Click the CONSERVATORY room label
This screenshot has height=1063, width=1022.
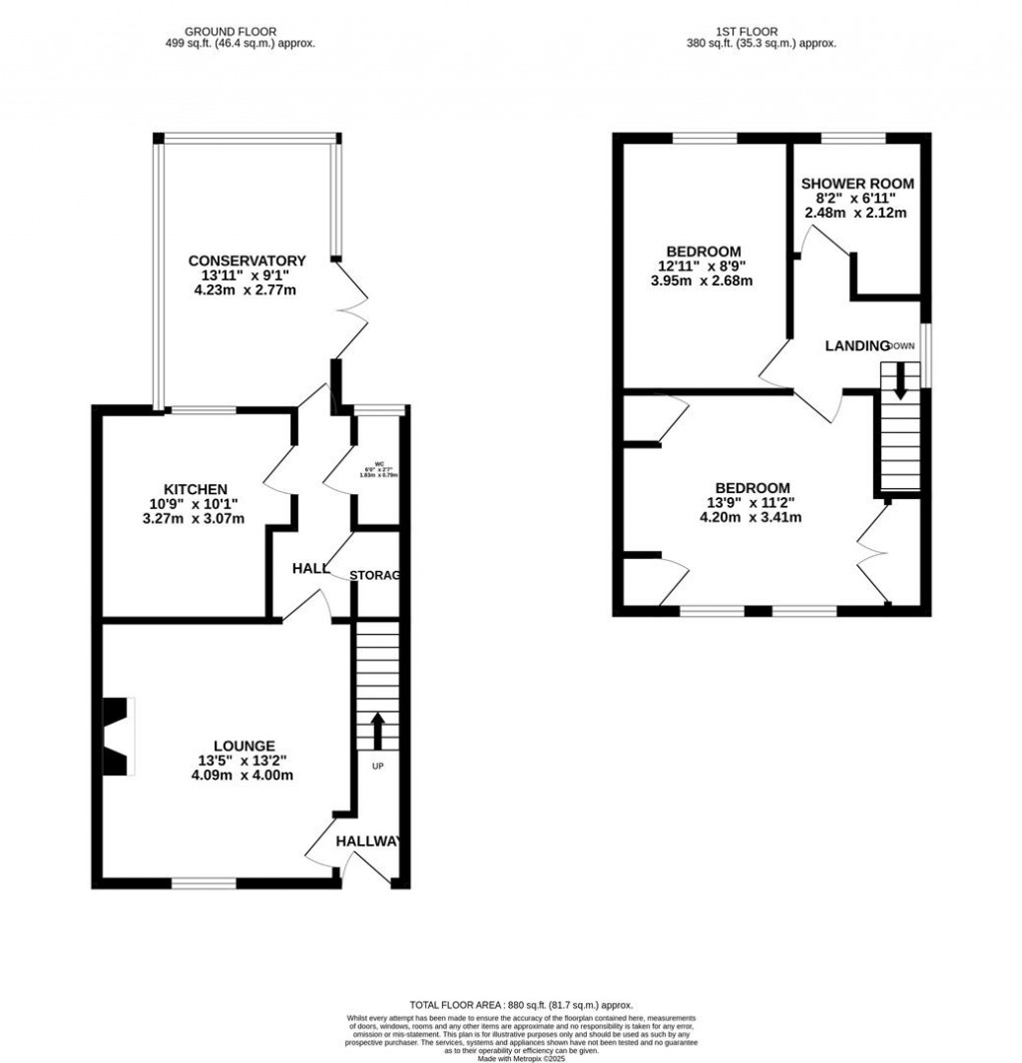pyautogui.click(x=247, y=262)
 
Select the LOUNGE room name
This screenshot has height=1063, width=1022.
pyautogui.click(x=244, y=745)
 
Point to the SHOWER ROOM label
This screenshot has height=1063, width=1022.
pyautogui.click(x=857, y=184)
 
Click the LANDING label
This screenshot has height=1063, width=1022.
pyautogui.click(x=856, y=346)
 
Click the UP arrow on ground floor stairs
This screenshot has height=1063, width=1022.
pyautogui.click(x=377, y=731)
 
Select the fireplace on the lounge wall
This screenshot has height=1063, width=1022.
pyautogui.click(x=119, y=735)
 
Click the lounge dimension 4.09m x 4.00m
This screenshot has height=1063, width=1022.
pyautogui.click(x=244, y=775)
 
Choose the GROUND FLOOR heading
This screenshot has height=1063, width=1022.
pyautogui.click(x=222, y=32)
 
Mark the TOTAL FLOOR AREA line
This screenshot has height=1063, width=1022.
pyautogui.click(x=521, y=1005)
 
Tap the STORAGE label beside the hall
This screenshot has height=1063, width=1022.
pyautogui.click(x=375, y=576)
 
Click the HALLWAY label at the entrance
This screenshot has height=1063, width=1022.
pyautogui.click(x=368, y=842)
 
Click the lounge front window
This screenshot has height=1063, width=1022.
pyautogui.click(x=204, y=882)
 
